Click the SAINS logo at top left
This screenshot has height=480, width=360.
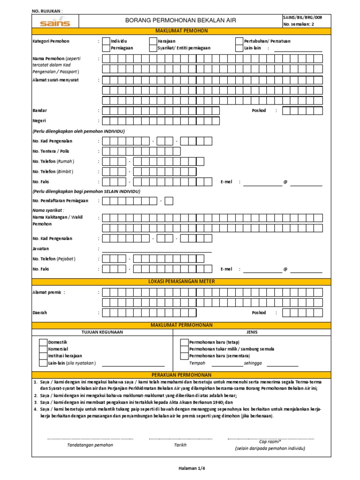55,22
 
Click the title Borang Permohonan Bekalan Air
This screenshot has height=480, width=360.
180,21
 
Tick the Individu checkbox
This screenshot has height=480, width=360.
106,41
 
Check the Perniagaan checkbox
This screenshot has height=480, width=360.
106,48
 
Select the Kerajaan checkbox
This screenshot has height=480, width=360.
153,41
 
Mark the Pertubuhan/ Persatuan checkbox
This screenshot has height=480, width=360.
239,41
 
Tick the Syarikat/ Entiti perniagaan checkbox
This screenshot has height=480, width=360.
153,48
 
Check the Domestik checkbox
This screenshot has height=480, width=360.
43,342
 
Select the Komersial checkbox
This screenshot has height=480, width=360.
43,349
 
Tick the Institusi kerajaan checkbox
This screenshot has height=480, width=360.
43,356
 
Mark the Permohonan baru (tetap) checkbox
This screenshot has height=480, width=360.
184,342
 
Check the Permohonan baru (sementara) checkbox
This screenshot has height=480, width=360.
184,356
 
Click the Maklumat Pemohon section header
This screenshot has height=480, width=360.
181,31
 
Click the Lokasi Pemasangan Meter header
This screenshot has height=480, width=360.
181,281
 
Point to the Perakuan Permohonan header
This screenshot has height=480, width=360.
181,375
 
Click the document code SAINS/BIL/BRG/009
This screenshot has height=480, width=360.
302,17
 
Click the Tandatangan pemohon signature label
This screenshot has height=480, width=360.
90,445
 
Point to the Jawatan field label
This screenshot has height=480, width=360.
41,248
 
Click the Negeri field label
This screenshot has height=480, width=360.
39,121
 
